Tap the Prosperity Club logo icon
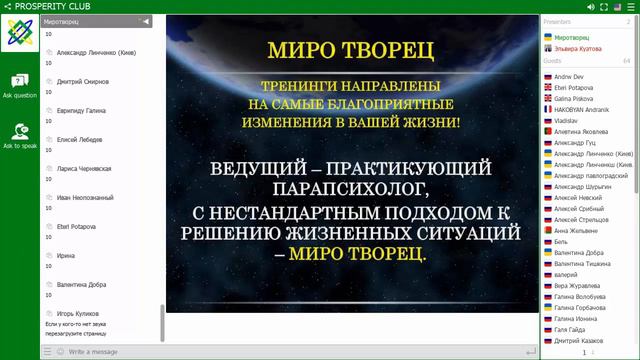(x=20, y=38)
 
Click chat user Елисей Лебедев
(x=73, y=139)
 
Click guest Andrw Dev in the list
(x=571, y=77)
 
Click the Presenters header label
(x=557, y=20)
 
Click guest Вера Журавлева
(x=580, y=286)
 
